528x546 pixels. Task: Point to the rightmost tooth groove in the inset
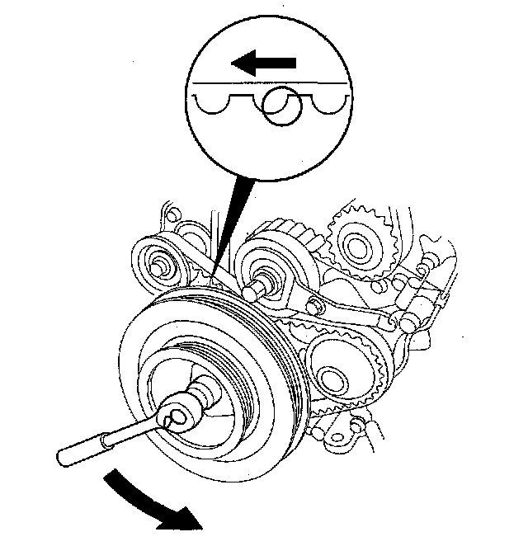coord(328,101)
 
